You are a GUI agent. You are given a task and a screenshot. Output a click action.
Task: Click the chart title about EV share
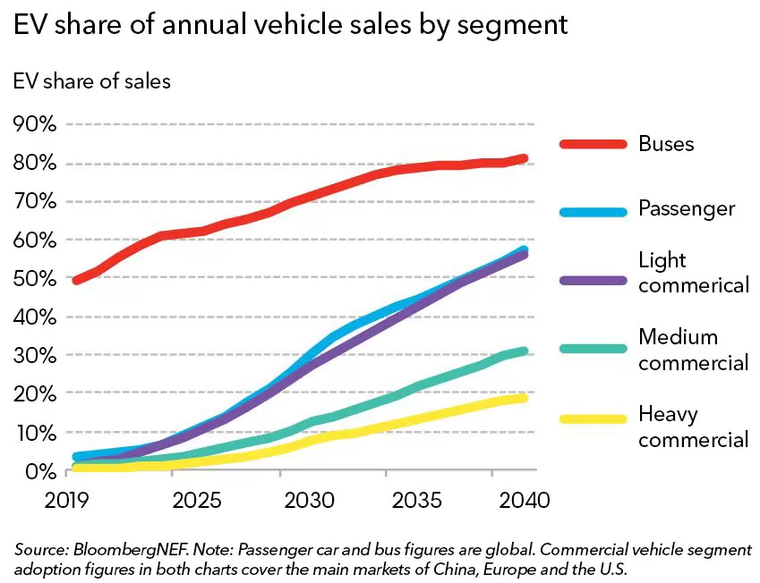tap(290, 24)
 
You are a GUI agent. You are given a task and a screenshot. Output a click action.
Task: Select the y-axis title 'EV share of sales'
tap(91, 81)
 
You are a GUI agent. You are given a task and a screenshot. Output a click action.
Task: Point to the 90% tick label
tap(35, 124)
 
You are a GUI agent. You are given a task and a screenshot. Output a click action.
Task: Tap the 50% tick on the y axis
tap(35, 278)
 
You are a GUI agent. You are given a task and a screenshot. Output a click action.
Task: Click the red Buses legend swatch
tap(593, 144)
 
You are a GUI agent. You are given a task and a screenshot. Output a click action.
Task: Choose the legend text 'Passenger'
tap(687, 209)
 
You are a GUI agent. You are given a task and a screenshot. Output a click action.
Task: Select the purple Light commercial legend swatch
tap(593, 280)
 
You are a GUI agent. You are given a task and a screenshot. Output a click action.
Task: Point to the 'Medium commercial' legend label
tap(693, 350)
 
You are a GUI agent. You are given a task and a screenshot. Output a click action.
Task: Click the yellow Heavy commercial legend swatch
tap(593, 418)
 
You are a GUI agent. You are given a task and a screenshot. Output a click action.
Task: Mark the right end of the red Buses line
tap(525, 158)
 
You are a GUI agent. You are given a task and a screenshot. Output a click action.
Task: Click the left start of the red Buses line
tap(77, 280)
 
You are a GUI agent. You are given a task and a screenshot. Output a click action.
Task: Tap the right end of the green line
tap(525, 351)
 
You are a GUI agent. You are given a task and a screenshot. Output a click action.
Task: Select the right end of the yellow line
tap(525, 397)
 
